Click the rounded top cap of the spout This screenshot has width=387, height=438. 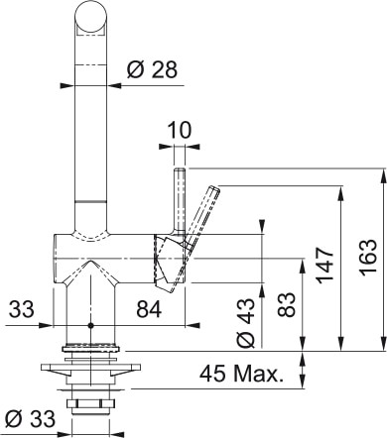pyautogui.click(x=90, y=17)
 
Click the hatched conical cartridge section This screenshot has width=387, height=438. pyautogui.click(x=170, y=260)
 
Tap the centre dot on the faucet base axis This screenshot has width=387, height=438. pyautogui.click(x=90, y=324)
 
